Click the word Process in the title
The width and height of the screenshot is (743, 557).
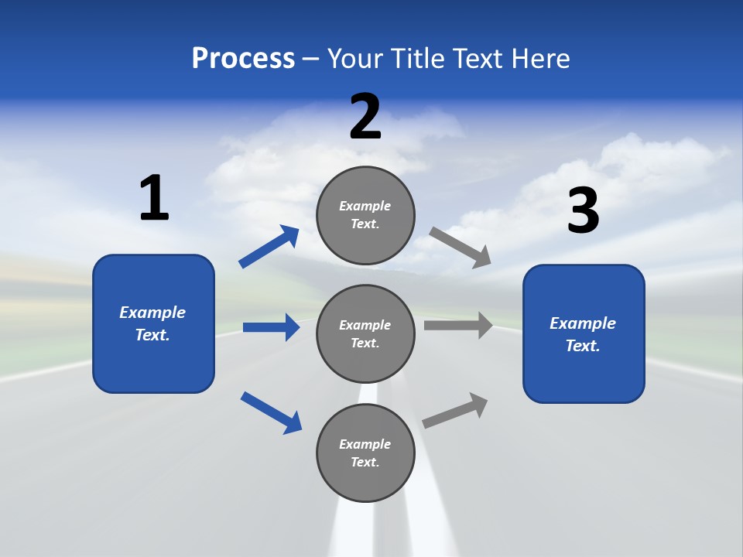point(243,58)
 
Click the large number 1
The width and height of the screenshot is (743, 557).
point(154,199)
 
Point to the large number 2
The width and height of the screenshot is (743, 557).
point(365,117)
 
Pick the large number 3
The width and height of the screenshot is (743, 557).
point(583,210)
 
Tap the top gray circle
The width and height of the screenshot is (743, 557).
point(365,214)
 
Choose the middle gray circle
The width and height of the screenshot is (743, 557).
point(365,333)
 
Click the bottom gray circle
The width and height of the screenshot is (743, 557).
point(365,453)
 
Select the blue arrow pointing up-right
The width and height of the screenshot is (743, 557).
point(269,247)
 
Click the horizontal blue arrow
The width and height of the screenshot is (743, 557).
point(271,327)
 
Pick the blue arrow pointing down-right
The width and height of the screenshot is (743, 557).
point(271,412)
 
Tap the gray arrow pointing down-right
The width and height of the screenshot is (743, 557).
point(460,247)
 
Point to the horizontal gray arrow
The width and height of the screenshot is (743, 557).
point(457,325)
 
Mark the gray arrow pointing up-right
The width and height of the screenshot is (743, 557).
point(455,410)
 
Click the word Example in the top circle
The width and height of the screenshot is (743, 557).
point(365,206)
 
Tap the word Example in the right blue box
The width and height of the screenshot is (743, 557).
point(583,323)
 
